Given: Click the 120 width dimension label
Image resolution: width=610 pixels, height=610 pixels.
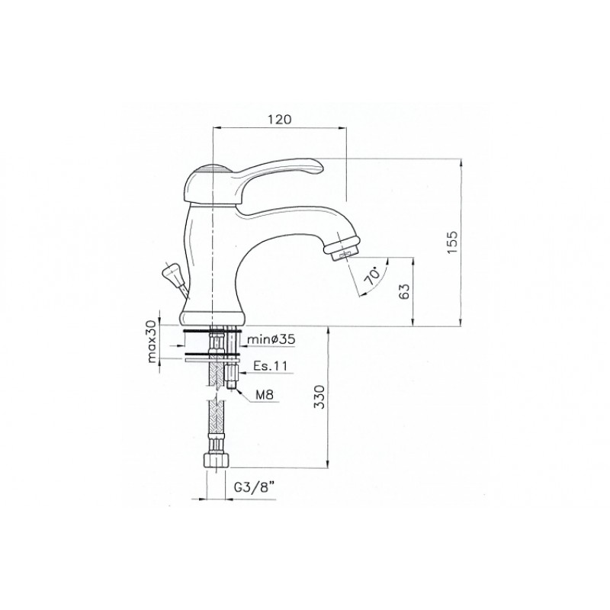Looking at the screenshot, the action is [279, 119].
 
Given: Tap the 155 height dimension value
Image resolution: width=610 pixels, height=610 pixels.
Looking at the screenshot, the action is [452, 242].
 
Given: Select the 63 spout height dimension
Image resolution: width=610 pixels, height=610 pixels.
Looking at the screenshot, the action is [405, 291].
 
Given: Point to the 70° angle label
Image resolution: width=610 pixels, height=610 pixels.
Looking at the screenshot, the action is [372, 276].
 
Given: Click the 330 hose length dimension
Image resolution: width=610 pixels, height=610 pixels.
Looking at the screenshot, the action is [319, 396].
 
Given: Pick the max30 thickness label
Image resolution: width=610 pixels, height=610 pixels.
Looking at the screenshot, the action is [152, 342].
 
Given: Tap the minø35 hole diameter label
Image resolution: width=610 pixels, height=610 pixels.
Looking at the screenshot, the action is [271, 339].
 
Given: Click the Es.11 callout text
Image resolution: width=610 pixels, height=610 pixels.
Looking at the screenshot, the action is [270, 366].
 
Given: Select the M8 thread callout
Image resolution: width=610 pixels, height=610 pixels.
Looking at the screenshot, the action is [265, 395].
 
